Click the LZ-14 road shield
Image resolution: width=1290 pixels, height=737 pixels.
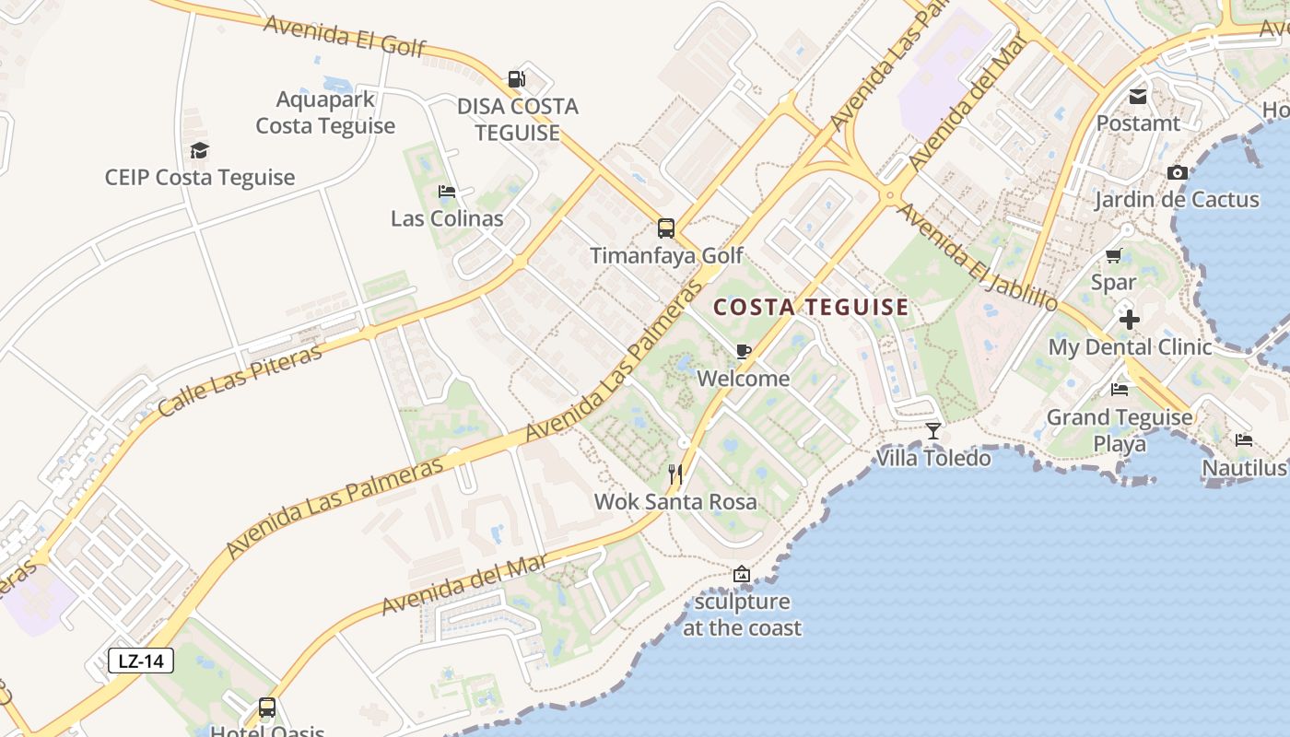coord(141,661)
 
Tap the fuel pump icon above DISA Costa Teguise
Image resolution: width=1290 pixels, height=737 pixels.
coord(517,80)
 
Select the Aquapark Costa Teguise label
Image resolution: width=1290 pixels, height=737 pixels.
coord(325,112)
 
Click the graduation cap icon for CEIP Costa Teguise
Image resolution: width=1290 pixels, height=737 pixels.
coord(199,150)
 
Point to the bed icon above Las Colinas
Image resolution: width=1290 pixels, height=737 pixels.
coord(447,192)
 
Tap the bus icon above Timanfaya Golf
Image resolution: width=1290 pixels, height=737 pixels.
coord(665,228)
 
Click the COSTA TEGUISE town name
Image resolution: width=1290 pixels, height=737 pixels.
coord(812,308)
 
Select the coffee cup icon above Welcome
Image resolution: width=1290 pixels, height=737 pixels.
coord(744,351)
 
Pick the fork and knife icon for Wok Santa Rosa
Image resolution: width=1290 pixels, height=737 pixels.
coord(675,474)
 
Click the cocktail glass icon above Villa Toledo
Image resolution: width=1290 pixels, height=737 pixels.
coord(933,431)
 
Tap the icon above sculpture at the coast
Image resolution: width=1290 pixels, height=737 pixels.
coord(742,575)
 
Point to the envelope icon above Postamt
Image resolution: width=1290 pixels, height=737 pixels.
coord(1138,96)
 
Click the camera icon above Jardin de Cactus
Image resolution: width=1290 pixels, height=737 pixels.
coord(1177,172)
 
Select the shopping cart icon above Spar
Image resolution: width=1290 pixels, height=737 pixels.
coord(1113,255)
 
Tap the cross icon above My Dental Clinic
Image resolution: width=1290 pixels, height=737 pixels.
coord(1130,320)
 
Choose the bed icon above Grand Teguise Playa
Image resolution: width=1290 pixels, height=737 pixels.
coord(1120,390)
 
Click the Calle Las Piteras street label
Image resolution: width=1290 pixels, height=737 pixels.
coord(240,380)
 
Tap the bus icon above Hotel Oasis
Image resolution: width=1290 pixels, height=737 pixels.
coord(267,708)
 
